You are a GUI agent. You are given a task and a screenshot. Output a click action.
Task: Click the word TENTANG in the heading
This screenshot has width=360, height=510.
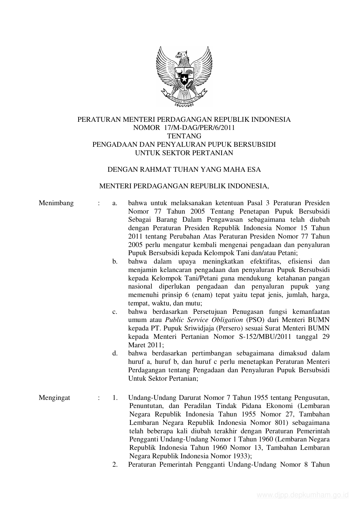point(184,136)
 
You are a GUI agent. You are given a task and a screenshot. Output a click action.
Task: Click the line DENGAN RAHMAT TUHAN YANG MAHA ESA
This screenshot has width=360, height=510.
point(184,169)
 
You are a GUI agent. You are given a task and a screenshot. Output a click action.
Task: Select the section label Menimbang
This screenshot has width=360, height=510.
point(56,203)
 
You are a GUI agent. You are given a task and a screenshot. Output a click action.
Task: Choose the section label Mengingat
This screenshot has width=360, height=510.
point(54,398)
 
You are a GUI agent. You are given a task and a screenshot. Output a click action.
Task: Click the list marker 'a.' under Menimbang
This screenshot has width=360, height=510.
point(115,203)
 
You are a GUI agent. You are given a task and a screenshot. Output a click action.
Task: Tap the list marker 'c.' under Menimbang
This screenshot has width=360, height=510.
point(115,312)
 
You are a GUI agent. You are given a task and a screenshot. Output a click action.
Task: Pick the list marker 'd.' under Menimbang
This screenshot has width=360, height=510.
point(115,353)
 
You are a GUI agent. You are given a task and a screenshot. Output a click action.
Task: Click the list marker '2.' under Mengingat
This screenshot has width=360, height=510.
point(115,464)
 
